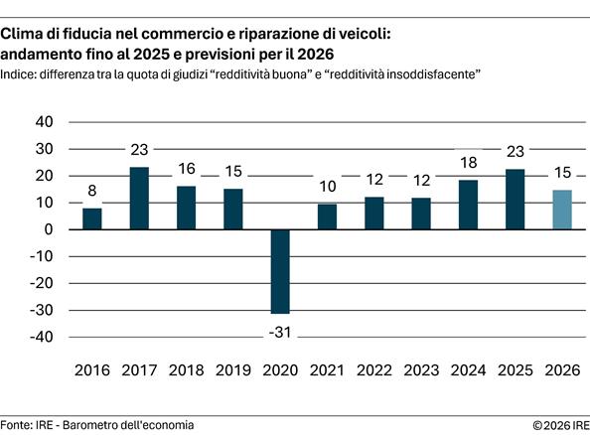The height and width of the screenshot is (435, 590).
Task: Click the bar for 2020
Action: tap(280, 271)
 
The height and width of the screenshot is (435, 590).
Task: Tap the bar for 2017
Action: tap(139, 199)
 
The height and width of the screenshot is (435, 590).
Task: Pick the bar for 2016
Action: tap(92, 218)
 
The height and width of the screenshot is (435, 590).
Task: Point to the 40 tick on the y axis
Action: tap(45, 122)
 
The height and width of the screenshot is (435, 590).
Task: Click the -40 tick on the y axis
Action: tap(42, 338)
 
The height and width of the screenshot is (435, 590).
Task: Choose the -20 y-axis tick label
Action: tap(42, 284)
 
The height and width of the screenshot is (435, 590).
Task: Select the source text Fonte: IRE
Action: tap(28, 425)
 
